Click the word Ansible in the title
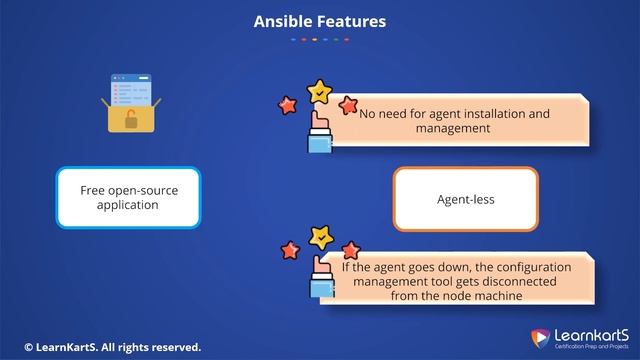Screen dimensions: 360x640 click(281, 21)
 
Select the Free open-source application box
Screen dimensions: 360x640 click(128, 197)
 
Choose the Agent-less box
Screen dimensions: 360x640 click(465, 199)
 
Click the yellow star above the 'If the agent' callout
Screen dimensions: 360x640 click(321, 238)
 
